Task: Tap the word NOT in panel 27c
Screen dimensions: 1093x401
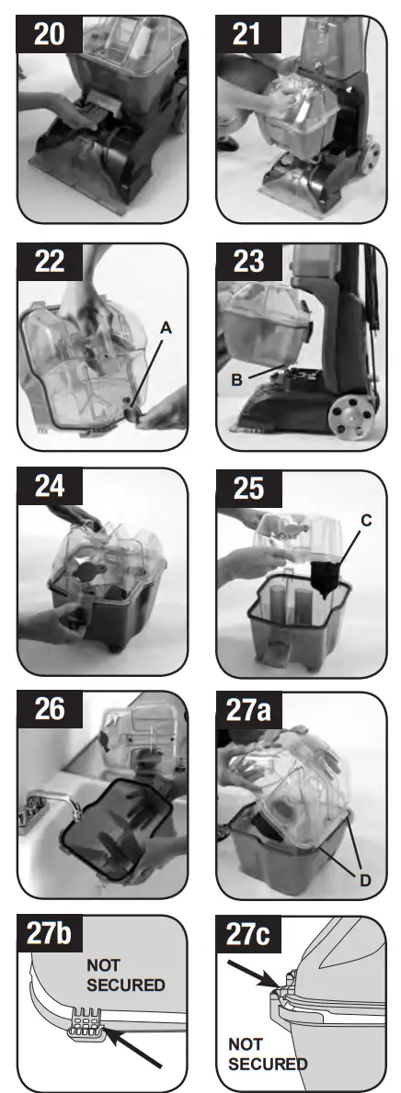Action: pyautogui.click(x=244, y=1044)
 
